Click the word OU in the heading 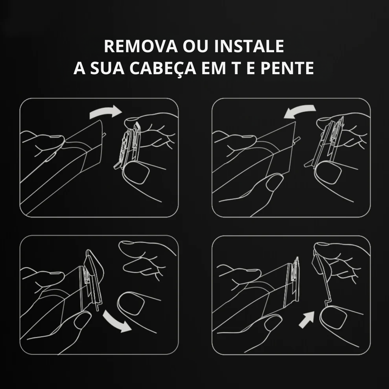point(195,46)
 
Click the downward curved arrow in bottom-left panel point(117,322)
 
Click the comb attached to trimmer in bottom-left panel point(93,279)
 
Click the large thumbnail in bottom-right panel point(334,317)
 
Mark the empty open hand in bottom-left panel point(144,259)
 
